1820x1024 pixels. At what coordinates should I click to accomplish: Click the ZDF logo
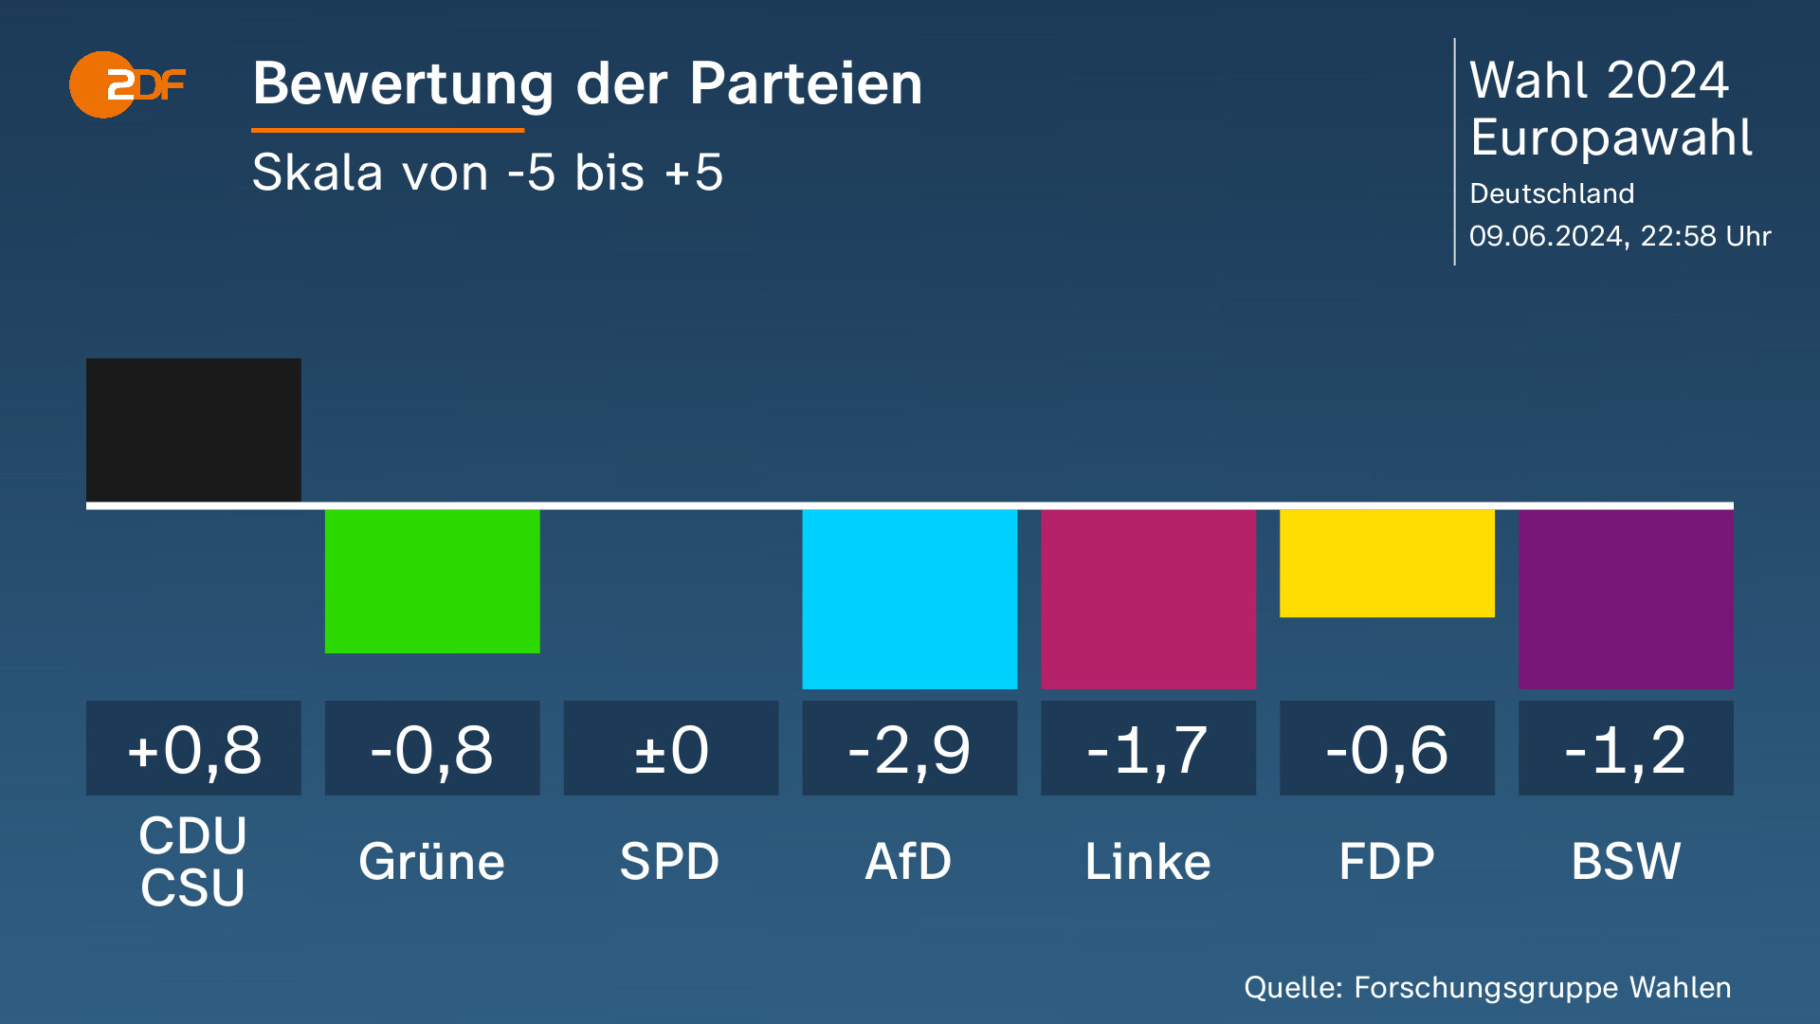tap(126, 85)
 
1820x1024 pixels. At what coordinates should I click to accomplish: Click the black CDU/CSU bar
tap(193, 430)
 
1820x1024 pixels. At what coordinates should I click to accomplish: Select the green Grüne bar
tap(432, 580)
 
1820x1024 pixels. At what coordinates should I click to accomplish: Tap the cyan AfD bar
tap(909, 598)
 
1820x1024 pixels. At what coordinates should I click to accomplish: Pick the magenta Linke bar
tap(1148, 598)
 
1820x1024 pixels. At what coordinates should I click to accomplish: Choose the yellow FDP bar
tap(1387, 563)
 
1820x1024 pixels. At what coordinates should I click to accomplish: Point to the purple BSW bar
tap(1626, 598)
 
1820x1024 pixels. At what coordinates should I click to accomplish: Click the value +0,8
tap(193, 749)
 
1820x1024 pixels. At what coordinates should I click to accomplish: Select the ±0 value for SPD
tap(671, 749)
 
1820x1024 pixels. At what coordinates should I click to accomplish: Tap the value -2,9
tap(909, 749)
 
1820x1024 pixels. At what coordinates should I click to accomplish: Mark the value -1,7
tap(1148, 749)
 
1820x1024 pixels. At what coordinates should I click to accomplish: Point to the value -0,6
tap(1387, 749)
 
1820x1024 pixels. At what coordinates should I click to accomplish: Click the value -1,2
tap(1626, 749)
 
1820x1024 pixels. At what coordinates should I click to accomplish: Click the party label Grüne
tap(432, 862)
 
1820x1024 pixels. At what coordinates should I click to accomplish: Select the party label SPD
tap(670, 862)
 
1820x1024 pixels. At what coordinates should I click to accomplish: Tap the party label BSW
tap(1626, 862)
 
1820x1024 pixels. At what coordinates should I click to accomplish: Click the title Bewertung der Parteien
tap(587, 83)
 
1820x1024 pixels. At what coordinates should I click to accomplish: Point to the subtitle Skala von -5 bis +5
tap(487, 173)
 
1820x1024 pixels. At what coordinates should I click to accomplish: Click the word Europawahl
tap(1611, 137)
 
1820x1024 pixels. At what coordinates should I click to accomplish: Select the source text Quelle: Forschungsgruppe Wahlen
tap(1487, 987)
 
